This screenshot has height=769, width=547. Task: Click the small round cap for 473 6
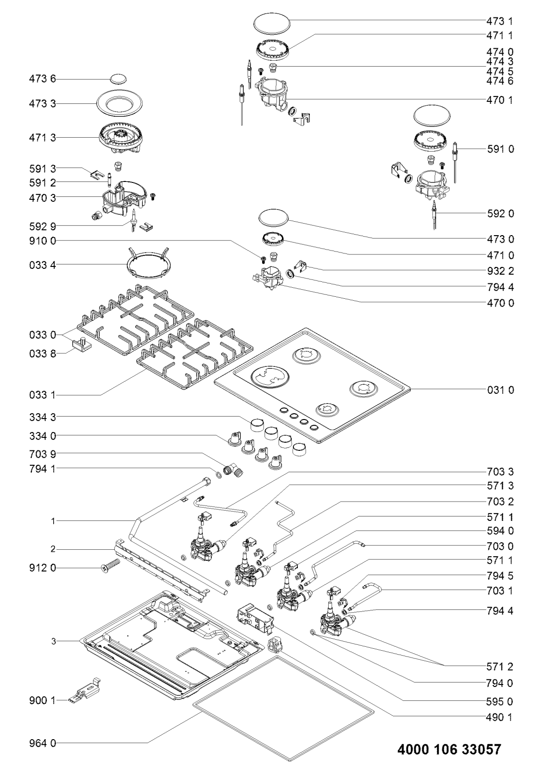coord(119,79)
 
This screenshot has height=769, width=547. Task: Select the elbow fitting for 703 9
coord(233,469)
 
